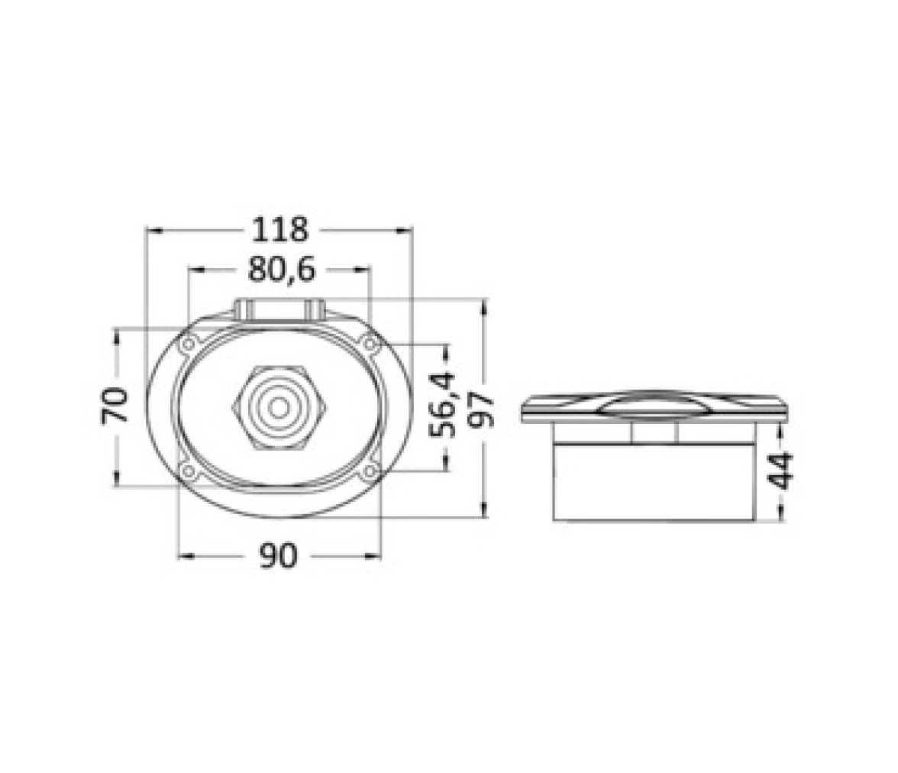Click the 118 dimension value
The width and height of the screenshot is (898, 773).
point(280,230)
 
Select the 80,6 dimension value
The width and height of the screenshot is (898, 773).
point(281,269)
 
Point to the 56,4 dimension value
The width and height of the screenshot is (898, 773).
point(443,404)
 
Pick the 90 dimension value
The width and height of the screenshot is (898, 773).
point(279,555)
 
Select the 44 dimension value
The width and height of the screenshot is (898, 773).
point(780,471)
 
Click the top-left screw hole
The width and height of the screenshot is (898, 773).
point(188,344)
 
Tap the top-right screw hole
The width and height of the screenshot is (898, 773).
point(370,344)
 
